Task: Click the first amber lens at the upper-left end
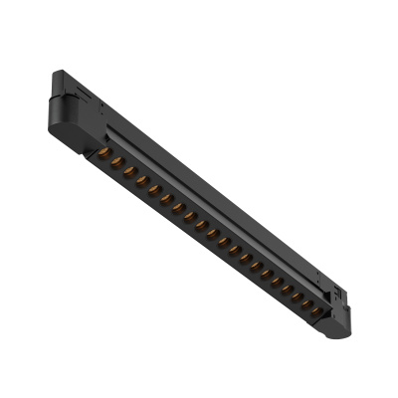[x=104, y=153]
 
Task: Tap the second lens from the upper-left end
[x=116, y=161]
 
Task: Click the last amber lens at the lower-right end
[x=316, y=311]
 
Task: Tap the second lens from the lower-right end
[x=305, y=303]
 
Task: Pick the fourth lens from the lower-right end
[x=284, y=287]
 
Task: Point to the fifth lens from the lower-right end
[x=272, y=278]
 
